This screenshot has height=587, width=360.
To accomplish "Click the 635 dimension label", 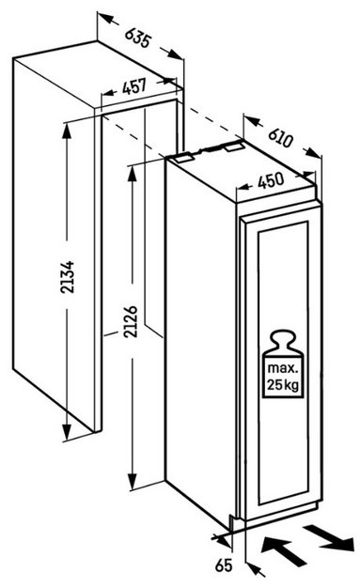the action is (x=138, y=37).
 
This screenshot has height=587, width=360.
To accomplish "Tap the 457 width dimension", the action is (x=134, y=86).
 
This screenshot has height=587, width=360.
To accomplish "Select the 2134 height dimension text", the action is (x=69, y=277).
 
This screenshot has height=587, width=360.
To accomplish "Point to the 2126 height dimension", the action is (x=131, y=321).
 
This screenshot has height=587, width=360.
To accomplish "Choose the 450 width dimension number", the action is (x=271, y=181).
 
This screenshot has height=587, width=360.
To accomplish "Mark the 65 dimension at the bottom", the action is (x=224, y=564).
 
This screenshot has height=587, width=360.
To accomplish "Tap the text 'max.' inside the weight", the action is (x=283, y=367).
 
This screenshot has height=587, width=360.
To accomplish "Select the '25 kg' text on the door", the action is (x=283, y=384).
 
